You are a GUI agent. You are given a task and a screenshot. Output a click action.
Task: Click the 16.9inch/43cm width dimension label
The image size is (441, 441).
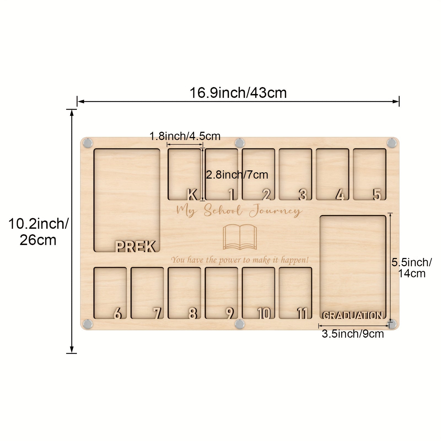pos(238,93)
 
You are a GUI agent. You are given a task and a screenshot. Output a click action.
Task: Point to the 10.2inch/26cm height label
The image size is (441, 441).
pos(38,232)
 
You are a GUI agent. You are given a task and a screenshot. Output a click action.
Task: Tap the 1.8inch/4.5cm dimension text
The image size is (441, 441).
pos(185,136)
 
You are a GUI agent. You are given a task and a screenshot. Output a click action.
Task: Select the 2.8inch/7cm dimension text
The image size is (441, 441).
pos(237,175)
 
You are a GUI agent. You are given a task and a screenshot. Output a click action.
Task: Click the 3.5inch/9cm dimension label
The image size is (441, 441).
pos(353,334)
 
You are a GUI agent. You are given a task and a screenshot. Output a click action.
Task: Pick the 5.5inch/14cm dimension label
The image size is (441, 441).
pos(412,268)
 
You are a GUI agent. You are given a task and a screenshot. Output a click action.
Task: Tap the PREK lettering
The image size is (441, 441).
pos(136,246)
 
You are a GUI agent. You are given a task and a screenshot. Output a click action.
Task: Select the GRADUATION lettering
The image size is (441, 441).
pos(353,315)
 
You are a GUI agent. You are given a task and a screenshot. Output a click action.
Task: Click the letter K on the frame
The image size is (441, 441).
pos(192,195)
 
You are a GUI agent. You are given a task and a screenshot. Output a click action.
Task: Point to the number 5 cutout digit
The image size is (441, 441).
pos(377,195)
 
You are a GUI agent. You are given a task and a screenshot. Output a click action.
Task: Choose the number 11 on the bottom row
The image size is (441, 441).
pos(302,313)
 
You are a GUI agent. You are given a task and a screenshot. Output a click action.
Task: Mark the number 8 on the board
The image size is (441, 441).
pos(193,313)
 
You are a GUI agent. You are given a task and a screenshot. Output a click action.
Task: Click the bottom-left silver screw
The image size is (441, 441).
pos(88,324)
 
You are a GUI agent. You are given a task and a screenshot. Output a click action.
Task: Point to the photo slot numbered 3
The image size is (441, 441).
pos(295,174)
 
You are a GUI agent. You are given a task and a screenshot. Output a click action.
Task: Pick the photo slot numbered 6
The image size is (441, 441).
pos(110,293)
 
